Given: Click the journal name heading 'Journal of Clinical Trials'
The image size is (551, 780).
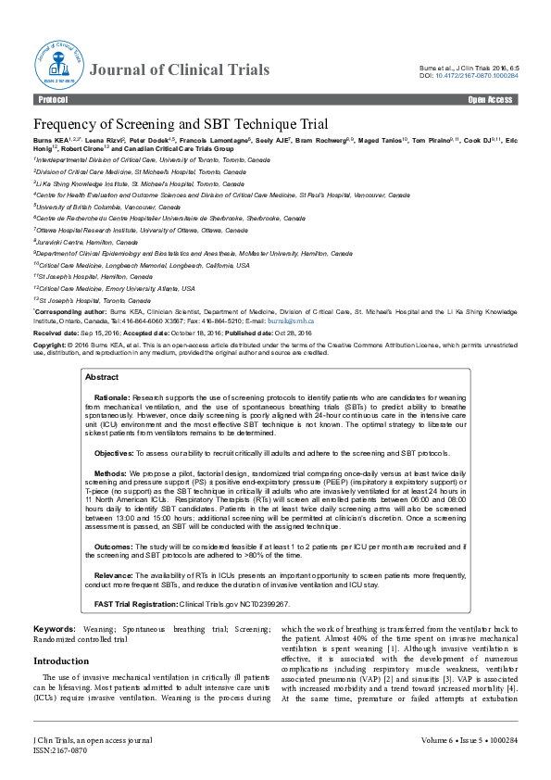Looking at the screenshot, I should pyautogui.click(x=180, y=70).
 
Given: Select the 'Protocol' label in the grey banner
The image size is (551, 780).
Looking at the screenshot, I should pyautogui.click(x=54, y=99).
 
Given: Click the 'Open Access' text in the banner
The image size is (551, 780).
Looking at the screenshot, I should pyautogui.click(x=491, y=99).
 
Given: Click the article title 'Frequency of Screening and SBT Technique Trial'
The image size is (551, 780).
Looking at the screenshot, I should pyautogui.click(x=181, y=125).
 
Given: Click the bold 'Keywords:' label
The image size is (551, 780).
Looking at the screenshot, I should pyautogui.click(x=55, y=629).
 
